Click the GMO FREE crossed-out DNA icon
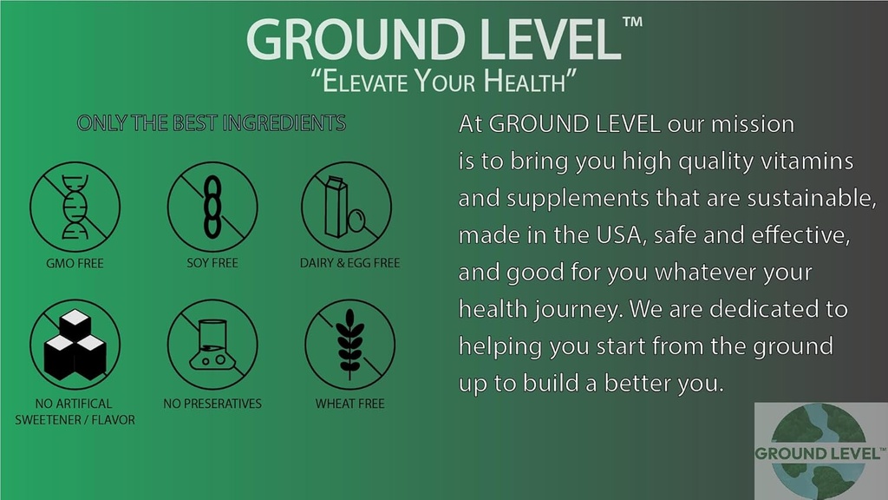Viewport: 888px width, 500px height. [75, 207]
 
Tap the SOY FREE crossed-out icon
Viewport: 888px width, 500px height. [212, 207]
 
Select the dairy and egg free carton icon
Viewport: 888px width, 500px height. [346, 207]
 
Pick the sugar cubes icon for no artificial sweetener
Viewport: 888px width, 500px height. [75, 345]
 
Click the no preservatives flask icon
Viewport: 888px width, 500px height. [212, 345]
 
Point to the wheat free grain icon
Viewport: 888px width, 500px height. [349, 345]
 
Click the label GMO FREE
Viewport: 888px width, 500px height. [75, 263]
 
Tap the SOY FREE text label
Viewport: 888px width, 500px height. [212, 263]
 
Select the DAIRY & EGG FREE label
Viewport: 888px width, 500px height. [349, 263]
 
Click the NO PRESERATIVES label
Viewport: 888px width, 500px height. [212, 404]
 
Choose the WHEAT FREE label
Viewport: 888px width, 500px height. [349, 404]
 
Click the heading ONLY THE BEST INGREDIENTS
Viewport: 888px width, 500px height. [212, 123]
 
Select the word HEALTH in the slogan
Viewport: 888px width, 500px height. [529, 83]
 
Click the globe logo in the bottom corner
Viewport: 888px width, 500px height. [819, 452]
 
